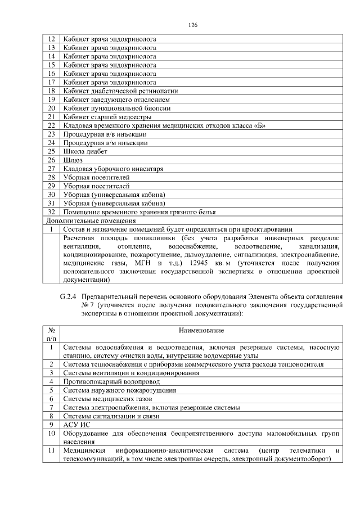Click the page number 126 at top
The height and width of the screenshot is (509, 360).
(x=193, y=25)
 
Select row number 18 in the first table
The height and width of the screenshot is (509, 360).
(x=51, y=91)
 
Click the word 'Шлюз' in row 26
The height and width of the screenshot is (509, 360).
(x=73, y=160)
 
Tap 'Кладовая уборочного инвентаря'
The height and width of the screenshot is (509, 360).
(x=113, y=169)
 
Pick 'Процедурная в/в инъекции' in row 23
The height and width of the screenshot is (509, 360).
(x=105, y=134)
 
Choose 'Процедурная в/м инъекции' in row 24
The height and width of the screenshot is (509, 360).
(x=105, y=143)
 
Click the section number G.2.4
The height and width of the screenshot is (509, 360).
(x=69, y=296)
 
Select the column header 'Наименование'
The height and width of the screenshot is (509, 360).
(x=201, y=330)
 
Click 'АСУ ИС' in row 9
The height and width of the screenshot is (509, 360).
(x=76, y=425)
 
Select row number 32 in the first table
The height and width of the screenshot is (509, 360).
(x=51, y=212)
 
